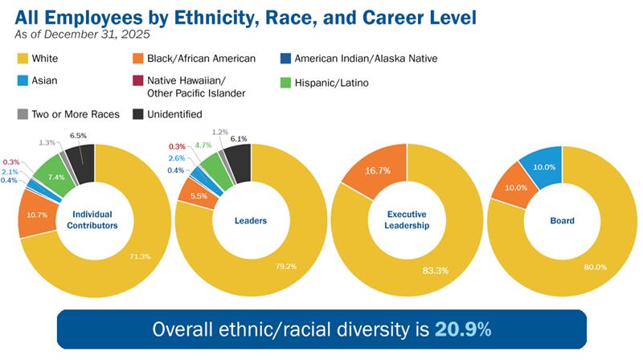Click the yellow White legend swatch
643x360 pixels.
(x=22, y=58)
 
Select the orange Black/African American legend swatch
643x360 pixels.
(x=139, y=58)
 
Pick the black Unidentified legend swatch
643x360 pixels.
(x=139, y=114)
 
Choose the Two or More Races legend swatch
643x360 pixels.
(x=22, y=114)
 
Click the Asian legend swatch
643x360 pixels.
(x=22, y=82)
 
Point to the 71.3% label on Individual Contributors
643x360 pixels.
(x=137, y=256)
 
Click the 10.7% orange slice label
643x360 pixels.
(x=38, y=215)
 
